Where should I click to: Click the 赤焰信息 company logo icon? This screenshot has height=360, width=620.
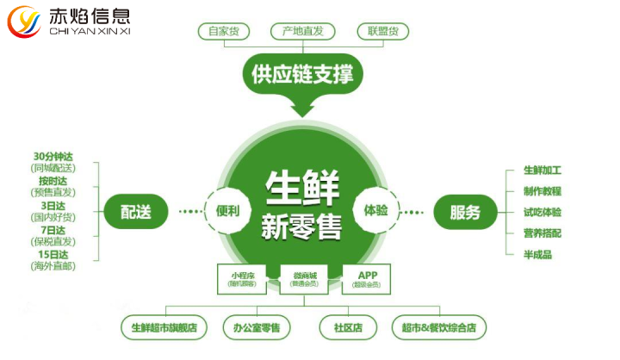24,22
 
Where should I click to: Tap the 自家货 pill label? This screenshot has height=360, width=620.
224,31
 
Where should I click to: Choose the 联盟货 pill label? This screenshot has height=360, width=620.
382,31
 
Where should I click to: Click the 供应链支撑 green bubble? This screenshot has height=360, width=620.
302,73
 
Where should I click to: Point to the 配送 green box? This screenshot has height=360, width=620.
135,211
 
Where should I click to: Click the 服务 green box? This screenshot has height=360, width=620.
465,211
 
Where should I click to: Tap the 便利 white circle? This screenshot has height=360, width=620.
227,210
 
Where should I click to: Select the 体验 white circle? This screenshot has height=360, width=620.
376,210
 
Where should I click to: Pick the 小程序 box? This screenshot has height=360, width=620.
242,279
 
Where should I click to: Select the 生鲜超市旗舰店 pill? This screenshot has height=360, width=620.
164,328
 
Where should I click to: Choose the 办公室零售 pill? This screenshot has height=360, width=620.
256,328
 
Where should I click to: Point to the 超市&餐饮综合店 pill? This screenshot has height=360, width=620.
438,328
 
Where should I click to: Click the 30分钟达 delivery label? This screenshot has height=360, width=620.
54,156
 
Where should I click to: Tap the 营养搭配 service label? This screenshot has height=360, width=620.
542,233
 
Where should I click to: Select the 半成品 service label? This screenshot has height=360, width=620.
537,254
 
